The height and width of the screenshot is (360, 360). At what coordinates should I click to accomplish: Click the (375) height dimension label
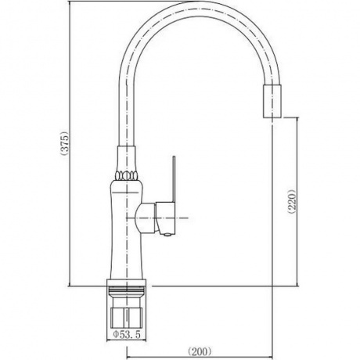[64, 143]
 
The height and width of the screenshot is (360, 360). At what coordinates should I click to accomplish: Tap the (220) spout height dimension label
[293, 201]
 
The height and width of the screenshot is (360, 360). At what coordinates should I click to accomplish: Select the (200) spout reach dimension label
[200, 351]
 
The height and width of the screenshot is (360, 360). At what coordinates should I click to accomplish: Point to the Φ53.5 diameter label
[127, 334]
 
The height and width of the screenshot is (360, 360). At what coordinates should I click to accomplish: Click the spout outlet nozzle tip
[272, 101]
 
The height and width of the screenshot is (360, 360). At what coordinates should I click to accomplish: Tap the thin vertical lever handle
[174, 179]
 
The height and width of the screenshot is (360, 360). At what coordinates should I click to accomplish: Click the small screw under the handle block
[167, 235]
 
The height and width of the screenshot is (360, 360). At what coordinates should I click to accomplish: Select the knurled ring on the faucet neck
[127, 175]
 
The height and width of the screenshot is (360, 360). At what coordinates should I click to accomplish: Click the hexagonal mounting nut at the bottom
[127, 318]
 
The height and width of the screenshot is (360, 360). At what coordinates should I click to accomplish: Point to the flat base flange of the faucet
[127, 283]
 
